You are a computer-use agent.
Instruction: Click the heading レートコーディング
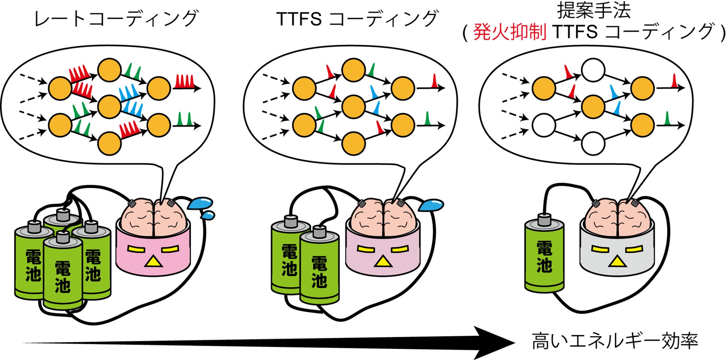click(115, 19)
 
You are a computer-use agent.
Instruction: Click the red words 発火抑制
click(509, 32)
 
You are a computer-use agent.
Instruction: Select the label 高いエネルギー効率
click(614, 341)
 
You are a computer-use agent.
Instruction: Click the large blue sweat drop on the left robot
click(200, 203)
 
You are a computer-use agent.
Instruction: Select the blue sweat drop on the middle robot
click(432, 204)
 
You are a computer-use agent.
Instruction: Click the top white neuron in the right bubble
click(593, 70)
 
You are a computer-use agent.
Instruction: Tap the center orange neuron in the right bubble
click(593, 106)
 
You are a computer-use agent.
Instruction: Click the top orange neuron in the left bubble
click(109, 70)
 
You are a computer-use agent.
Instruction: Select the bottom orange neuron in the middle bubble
click(353, 143)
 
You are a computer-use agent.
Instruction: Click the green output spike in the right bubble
click(667, 119)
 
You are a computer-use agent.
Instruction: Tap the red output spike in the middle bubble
click(434, 81)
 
